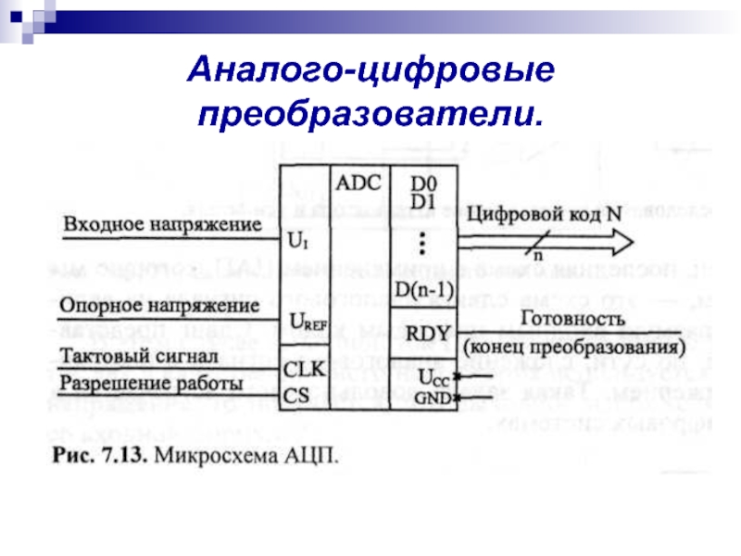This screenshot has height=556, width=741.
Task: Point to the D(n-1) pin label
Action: [422, 290]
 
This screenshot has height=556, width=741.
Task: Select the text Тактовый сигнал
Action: [138, 356]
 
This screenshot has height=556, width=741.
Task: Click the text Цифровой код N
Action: [542, 212]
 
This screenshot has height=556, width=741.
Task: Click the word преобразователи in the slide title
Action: [367, 115]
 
